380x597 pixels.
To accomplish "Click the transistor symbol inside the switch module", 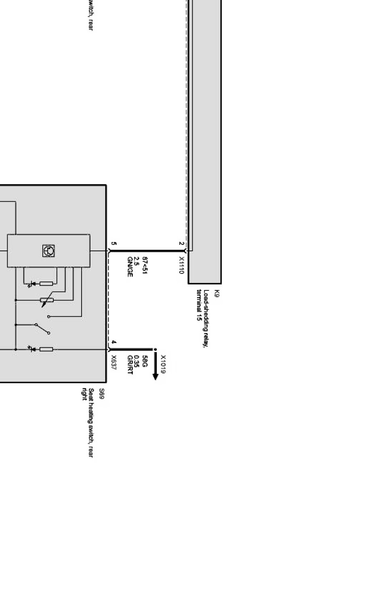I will pos(48,251).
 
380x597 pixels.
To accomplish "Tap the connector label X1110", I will pos(181,265).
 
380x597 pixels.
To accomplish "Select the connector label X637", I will pos(114,363).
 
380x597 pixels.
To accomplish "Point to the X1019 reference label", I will pos(163,364).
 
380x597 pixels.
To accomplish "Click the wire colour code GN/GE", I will pos(130,267).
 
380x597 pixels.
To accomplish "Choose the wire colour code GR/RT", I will pos(130,365).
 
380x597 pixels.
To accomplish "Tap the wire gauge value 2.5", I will pos(137,261).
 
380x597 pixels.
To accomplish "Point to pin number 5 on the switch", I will pos(113,244).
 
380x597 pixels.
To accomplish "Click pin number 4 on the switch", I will pos(113,342).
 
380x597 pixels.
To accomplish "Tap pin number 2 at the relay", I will pos(181,244).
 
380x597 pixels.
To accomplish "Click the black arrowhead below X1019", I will pos(155,376).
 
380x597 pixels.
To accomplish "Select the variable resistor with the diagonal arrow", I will pos(47,300).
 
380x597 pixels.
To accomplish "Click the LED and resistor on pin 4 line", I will pos(40,349).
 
